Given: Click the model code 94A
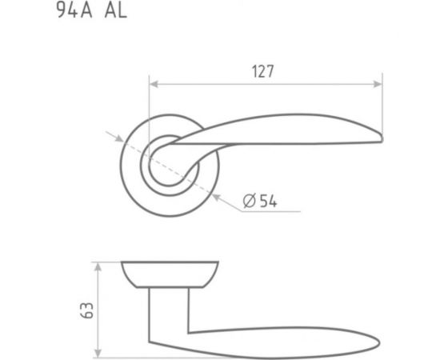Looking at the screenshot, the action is pos(74,10).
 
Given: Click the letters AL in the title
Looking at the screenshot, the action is pos(116,11).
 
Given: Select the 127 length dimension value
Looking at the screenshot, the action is pos(263,71).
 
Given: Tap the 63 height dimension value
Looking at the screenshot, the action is pos(86,310).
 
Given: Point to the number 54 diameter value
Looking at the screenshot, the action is pos(268,201).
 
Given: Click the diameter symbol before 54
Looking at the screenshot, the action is pos(249,201).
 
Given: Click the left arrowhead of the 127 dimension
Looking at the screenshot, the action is pos(154,84).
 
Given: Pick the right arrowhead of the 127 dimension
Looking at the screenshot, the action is pos(378,84).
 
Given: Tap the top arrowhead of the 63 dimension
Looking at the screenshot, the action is pos(98,267).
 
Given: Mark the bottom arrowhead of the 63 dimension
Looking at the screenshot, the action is pos(98,353).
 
